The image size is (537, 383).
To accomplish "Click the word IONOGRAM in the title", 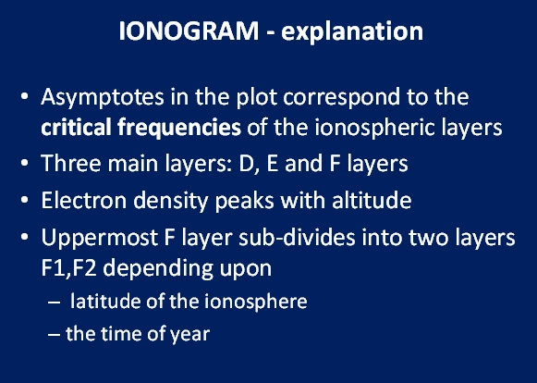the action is (x=189, y=31).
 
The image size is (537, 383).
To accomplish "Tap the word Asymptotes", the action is (x=103, y=98).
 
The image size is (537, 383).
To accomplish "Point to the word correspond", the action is (x=341, y=98).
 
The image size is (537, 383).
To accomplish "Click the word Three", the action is (x=71, y=163).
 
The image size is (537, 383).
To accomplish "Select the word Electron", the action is (x=84, y=200).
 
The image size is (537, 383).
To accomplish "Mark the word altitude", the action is (x=372, y=200).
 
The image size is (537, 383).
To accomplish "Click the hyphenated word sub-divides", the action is (x=297, y=237).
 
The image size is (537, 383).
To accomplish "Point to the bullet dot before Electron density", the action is (x=24, y=200).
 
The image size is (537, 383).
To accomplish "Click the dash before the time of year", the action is (x=55, y=334).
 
